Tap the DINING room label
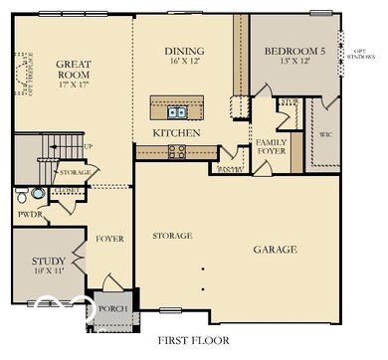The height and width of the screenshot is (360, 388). pos(184,50)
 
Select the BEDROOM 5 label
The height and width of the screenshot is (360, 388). pos(294,50)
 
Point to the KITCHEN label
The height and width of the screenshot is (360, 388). pos(177,132)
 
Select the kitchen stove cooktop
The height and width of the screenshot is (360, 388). pos(177,151)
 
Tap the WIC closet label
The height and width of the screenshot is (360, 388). pos(324,133)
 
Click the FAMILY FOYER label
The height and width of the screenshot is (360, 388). pos(271,148)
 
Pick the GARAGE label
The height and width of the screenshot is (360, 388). pos(275,250)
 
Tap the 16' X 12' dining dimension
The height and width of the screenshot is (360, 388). pos(184,61)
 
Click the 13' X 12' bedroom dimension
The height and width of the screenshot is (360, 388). pos(294,61)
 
